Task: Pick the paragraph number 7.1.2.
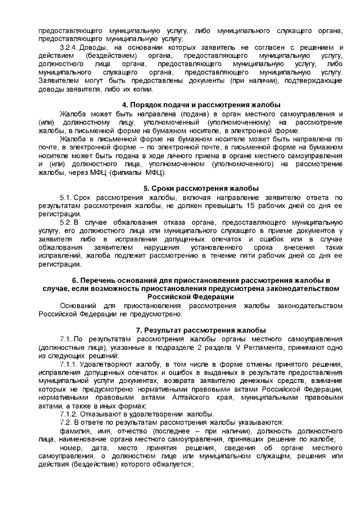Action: click(x=70, y=414)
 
